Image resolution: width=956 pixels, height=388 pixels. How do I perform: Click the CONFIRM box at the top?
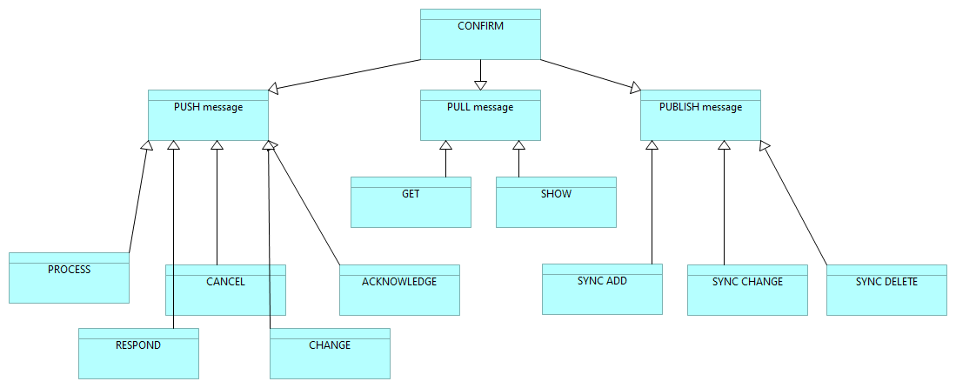pyautogui.click(x=480, y=35)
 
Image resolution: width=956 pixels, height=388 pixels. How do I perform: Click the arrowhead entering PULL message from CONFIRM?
pyautogui.click(x=480, y=84)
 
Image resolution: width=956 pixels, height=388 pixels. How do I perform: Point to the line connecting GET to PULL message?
pyautogui.click(x=446, y=164)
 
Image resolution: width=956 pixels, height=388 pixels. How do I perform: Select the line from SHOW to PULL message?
pyautogui.click(x=519, y=164)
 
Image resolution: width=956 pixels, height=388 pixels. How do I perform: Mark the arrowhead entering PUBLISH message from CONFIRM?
pyautogui.click(x=635, y=87)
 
